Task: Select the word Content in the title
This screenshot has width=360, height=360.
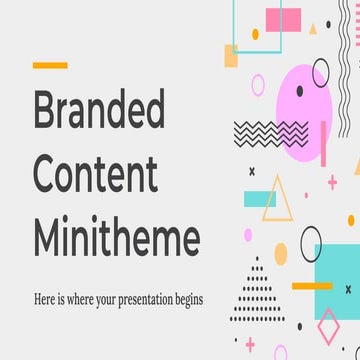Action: (x=95, y=175)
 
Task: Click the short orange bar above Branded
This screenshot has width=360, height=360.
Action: (x=50, y=65)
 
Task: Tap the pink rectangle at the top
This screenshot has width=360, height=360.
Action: (x=282, y=17)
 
